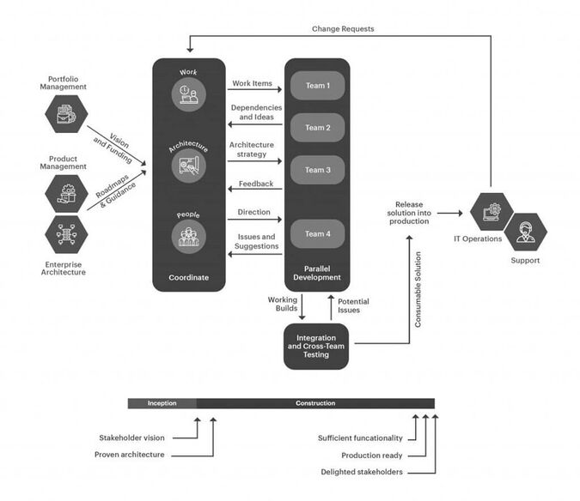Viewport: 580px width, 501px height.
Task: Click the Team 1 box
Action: click(316, 86)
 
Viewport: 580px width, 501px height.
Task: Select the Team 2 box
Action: click(316, 128)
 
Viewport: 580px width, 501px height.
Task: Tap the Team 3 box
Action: click(316, 170)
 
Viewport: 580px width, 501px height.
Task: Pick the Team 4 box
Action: click(316, 233)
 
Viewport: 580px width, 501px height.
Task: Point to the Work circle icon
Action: click(187, 94)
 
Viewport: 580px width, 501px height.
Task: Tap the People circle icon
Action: click(187, 236)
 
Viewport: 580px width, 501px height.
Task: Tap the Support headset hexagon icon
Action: click(525, 231)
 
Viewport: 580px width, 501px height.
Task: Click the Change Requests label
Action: click(342, 28)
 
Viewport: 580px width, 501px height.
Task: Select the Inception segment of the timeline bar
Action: click(162, 403)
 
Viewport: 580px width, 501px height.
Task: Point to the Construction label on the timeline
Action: click(315, 403)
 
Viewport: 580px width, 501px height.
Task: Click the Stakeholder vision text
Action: click(130, 438)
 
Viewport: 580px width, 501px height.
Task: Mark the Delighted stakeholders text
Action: click(361, 472)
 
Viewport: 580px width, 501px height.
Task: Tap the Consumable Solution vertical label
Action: click(418, 291)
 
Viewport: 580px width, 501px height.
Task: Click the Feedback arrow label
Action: click(256, 184)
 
